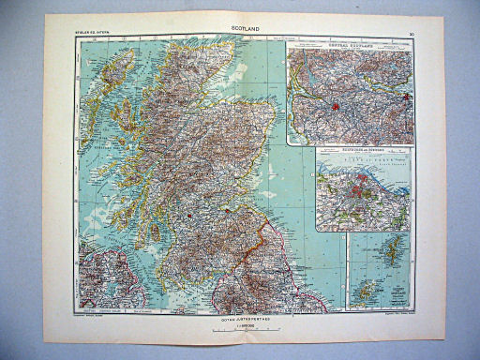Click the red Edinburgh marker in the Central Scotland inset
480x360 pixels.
coord(405,97)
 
